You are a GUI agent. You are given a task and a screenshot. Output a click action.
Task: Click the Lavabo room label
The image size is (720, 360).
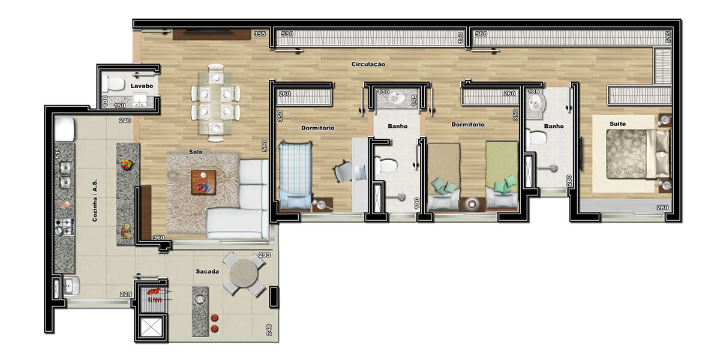142,86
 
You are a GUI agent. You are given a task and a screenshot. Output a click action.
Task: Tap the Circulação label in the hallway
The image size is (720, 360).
368,64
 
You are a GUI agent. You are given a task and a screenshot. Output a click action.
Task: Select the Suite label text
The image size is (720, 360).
617,124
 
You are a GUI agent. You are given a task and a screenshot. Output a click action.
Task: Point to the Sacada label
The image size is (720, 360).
208,272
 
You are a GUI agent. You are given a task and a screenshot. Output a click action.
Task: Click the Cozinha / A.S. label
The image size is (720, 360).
95,200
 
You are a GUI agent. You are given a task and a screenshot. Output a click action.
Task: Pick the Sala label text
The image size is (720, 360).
196,152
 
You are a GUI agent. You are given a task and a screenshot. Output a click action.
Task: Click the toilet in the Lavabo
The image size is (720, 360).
113,84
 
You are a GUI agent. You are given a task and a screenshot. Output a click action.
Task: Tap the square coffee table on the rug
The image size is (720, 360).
203,182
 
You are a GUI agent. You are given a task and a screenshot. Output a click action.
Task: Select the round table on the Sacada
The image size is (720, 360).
244,273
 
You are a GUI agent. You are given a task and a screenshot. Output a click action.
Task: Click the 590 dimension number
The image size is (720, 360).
264,146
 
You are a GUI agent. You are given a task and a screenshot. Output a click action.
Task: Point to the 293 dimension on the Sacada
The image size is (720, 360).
265,255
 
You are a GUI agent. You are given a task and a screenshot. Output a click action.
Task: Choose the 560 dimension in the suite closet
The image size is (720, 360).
481,34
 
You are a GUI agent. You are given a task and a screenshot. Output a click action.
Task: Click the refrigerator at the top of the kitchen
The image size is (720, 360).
65,129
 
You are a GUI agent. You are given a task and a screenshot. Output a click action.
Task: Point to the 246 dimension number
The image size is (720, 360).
269,330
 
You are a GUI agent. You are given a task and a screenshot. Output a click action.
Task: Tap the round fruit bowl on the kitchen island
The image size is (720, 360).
127,164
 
